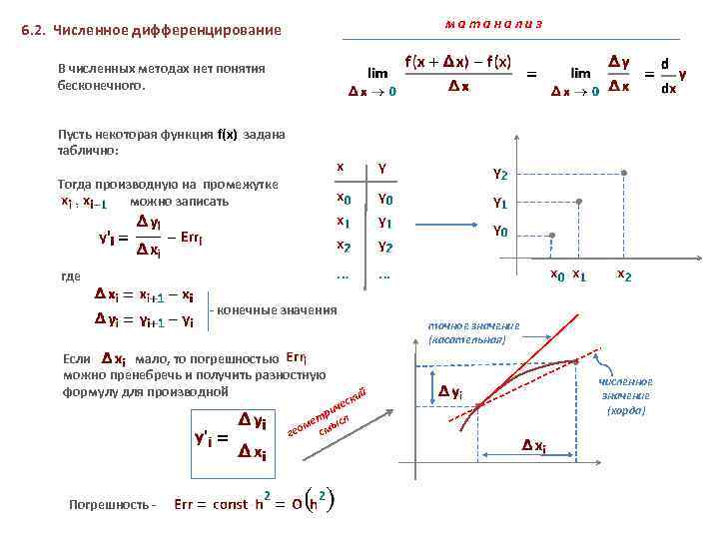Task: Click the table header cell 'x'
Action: pyautogui.click(x=341, y=168)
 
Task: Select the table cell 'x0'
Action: pyautogui.click(x=343, y=198)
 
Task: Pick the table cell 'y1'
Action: pyautogui.click(x=383, y=222)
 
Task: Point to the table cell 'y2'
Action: pyautogui.click(x=383, y=246)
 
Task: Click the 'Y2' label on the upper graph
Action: pyautogui.click(x=500, y=175)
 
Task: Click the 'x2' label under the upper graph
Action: pyautogui.click(x=624, y=274)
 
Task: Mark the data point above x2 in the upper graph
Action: pyautogui.click(x=624, y=173)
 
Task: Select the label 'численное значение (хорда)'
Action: pyautogui.click(x=626, y=395)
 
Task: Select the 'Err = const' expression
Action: pyautogui.click(x=211, y=503)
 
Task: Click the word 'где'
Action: pyautogui.click(x=69, y=275)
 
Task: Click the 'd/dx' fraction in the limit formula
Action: pyautogui.click(x=667, y=75)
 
